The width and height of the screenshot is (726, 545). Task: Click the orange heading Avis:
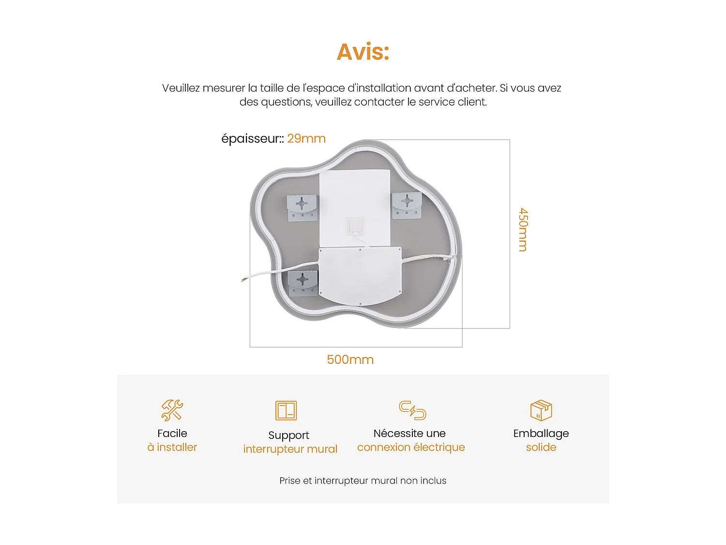click(363, 52)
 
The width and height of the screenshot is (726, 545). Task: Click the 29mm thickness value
click(306, 139)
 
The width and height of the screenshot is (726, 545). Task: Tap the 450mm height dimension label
click(523, 230)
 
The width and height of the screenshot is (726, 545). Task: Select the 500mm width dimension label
click(350, 359)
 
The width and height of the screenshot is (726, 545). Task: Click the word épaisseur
click(251, 139)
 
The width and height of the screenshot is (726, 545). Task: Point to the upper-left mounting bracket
click(302, 207)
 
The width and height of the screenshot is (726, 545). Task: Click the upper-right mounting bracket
click(407, 205)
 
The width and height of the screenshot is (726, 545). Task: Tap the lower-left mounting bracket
click(303, 283)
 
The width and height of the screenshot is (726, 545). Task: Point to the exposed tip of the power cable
click(244, 279)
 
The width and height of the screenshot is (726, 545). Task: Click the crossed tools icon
click(172, 410)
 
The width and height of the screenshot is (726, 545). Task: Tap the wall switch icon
click(286, 410)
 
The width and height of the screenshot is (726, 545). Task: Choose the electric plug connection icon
click(412, 410)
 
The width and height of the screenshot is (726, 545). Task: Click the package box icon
click(541, 410)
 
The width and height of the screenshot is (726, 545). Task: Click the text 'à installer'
click(172, 447)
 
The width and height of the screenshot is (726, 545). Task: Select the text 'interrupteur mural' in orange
click(290, 449)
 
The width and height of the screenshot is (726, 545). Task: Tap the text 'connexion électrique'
click(411, 447)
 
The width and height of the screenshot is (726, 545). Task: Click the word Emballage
click(541, 433)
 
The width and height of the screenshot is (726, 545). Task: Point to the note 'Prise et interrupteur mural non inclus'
click(363, 481)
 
